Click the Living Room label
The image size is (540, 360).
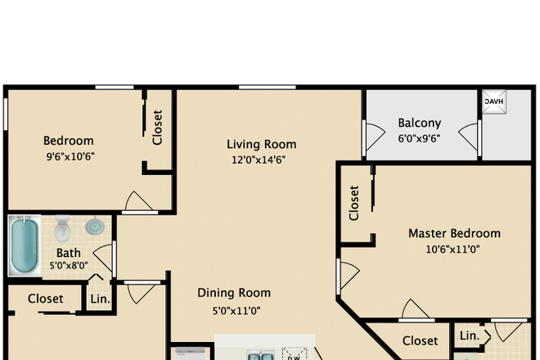261,144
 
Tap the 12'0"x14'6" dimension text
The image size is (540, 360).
259,160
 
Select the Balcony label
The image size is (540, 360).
420,123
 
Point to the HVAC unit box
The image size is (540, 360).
494,101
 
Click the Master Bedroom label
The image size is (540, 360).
454,233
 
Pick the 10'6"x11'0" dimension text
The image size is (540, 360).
453,249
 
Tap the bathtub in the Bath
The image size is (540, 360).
25,245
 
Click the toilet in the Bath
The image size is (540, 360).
62,228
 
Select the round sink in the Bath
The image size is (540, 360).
95,226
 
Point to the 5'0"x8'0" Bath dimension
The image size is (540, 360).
69,266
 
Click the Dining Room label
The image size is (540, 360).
234,293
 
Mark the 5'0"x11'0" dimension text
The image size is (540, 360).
236,311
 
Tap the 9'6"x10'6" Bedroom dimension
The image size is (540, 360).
70,157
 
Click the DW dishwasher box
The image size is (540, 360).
295,353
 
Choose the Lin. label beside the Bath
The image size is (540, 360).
100,299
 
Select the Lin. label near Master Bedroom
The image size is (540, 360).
470,336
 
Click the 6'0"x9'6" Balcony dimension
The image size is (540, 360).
419,138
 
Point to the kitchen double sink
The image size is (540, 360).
261,355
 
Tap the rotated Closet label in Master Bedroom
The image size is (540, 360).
354,203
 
